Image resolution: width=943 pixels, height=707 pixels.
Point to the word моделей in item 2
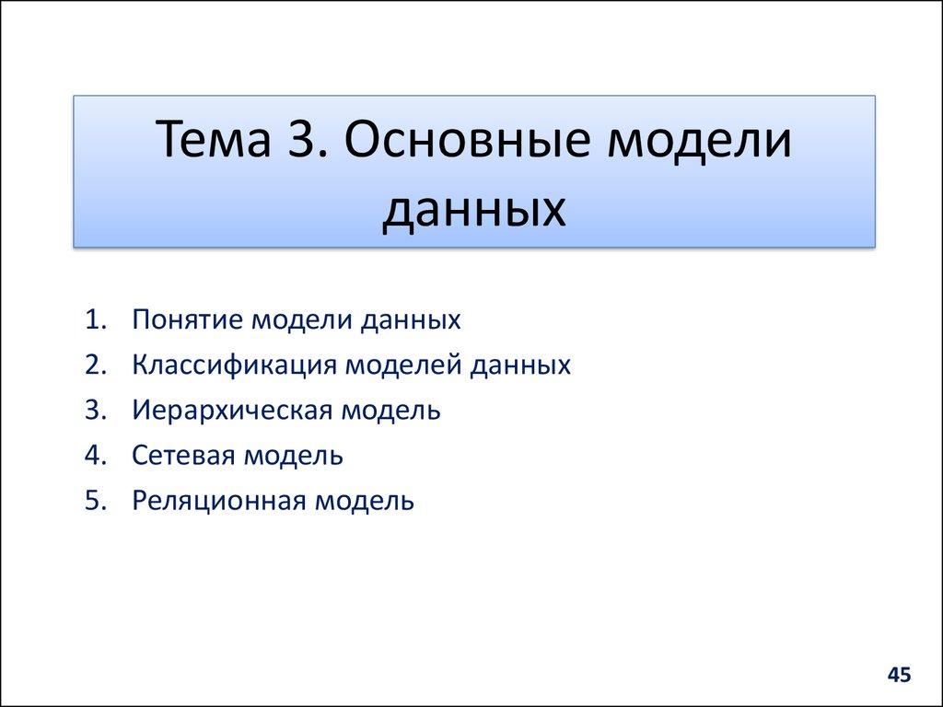tap(405, 365)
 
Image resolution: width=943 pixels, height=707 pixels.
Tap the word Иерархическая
tap(231, 410)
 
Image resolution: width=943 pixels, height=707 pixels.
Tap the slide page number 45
tap(899, 676)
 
